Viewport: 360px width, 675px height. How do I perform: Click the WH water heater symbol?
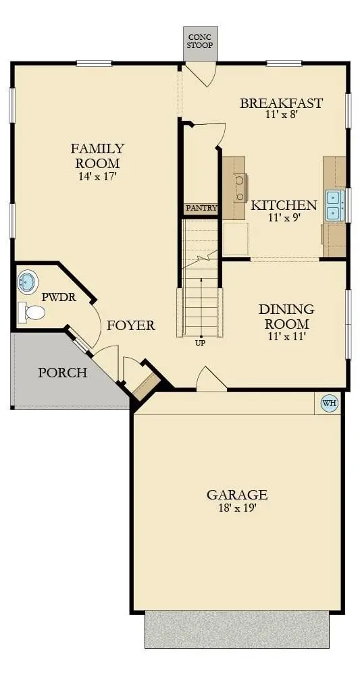click(x=330, y=403)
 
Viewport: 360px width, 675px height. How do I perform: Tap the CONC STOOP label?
click(x=200, y=41)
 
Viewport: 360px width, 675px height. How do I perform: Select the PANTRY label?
click(x=201, y=208)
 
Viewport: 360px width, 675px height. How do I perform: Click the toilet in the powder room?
click(x=32, y=312)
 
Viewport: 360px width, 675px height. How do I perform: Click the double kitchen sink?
click(x=334, y=205)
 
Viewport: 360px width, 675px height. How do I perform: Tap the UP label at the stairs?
click(x=200, y=343)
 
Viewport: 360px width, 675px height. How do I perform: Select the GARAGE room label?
click(x=237, y=495)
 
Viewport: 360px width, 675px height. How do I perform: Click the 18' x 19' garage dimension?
click(x=237, y=508)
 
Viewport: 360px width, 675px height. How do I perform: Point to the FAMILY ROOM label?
click(x=98, y=156)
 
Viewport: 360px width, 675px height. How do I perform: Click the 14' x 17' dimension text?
click(x=98, y=177)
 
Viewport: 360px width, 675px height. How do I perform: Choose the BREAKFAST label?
click(x=281, y=103)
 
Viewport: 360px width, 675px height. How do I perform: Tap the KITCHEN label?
click(x=284, y=205)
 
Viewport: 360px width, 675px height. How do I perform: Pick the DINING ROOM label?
click(x=286, y=317)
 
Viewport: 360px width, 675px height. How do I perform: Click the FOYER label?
click(x=130, y=325)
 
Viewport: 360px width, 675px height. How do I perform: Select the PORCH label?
click(x=62, y=372)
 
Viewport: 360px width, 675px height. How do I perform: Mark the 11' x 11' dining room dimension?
click(x=286, y=336)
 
